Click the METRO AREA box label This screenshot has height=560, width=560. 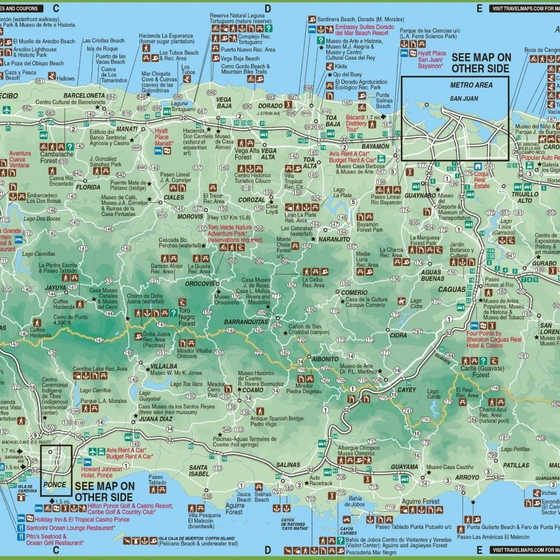(x=471, y=85)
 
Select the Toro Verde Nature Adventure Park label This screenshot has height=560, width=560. (x=230, y=233)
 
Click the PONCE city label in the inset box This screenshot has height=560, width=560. (x=54, y=485)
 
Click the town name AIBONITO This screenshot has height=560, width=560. (x=325, y=359)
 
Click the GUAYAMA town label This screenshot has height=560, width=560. (x=404, y=466)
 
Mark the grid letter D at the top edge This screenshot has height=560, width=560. (x=268, y=8)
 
